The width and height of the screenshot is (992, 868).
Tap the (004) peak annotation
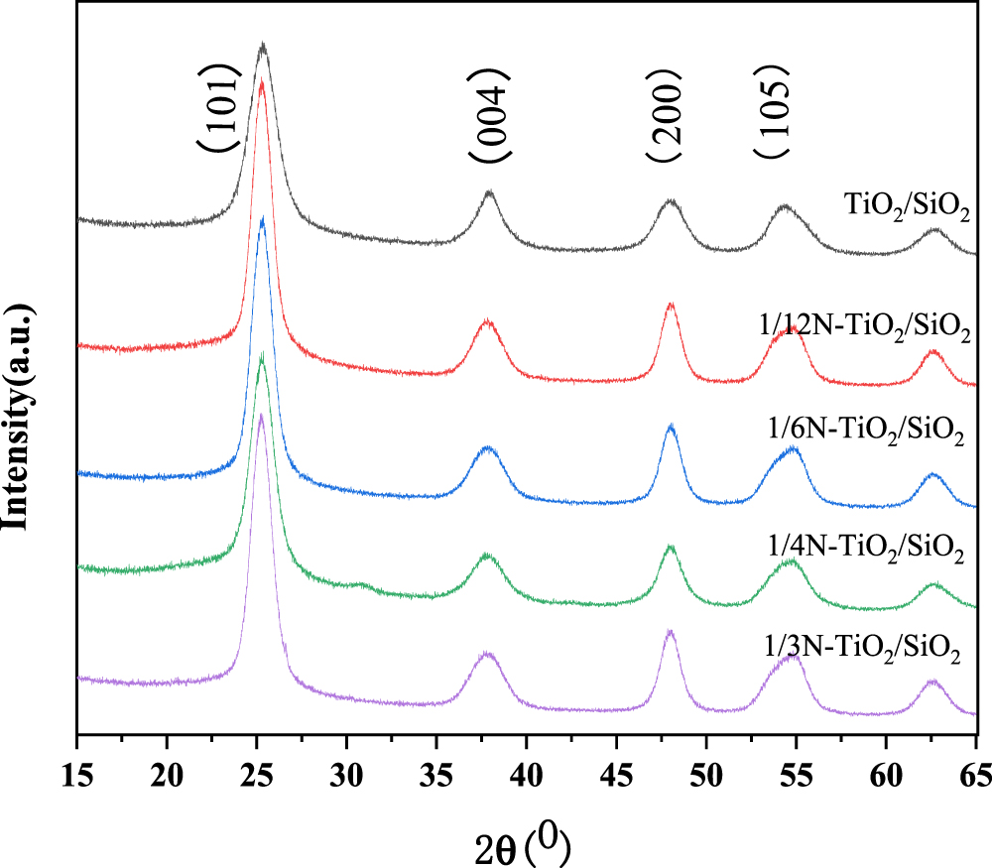tap(491, 117)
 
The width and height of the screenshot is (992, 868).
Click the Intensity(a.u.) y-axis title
tap(17, 397)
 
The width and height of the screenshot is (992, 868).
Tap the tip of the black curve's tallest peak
tap(263, 44)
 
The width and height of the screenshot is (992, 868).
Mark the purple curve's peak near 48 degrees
tap(671, 631)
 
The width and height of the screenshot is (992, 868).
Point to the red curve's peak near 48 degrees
tap(672, 304)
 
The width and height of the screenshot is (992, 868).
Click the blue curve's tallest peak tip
tap(262, 218)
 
